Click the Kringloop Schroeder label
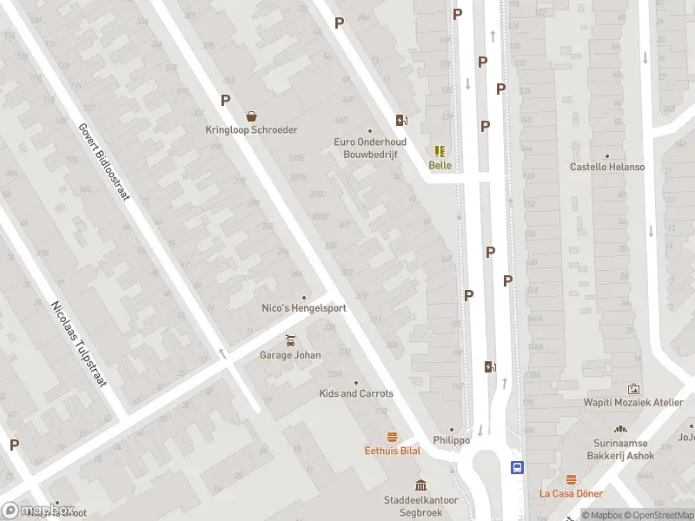[251, 130]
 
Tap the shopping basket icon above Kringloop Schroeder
[251, 115]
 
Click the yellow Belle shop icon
[440, 151]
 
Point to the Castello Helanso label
[607, 167]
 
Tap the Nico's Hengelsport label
[304, 308]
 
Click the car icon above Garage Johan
[290, 340]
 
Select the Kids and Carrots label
[356, 393]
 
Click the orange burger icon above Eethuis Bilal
[393, 436]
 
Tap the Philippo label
[452, 440]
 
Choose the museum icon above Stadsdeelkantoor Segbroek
[420, 485]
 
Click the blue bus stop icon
[517, 467]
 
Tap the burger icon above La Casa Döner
[571, 479]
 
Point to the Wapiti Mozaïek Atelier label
[632, 402]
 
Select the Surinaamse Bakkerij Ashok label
[620, 448]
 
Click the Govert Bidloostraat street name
[103, 161]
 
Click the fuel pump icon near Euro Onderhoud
[401, 120]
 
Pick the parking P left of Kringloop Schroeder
[225, 100]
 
